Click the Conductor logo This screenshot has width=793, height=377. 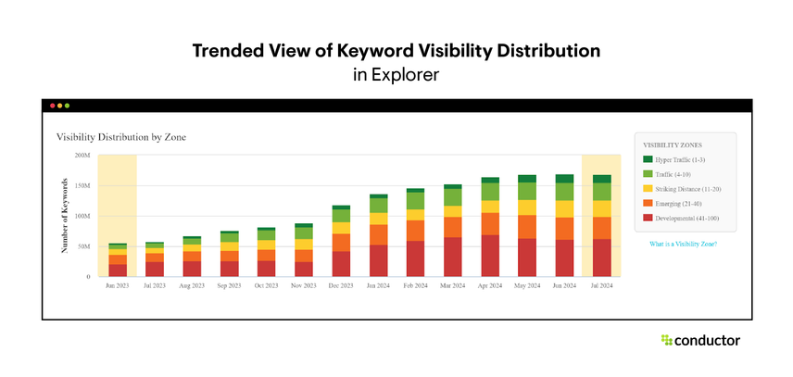click(x=700, y=341)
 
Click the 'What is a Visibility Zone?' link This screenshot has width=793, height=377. click(x=685, y=244)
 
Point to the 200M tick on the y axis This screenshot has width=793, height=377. click(x=82, y=155)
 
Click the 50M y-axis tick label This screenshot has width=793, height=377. click(x=83, y=246)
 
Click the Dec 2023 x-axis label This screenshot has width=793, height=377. click(x=341, y=286)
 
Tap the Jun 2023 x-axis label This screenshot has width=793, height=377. click(x=118, y=286)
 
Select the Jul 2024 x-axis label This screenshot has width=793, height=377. click(x=601, y=286)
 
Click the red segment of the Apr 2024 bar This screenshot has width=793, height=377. click(x=490, y=256)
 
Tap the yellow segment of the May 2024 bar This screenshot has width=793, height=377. click(x=527, y=207)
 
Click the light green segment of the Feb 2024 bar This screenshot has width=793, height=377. click(x=416, y=200)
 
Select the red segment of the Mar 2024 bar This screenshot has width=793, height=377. click(x=453, y=257)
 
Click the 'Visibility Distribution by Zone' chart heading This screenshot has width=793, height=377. click(x=121, y=137)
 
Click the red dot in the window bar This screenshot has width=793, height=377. click(x=53, y=106)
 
